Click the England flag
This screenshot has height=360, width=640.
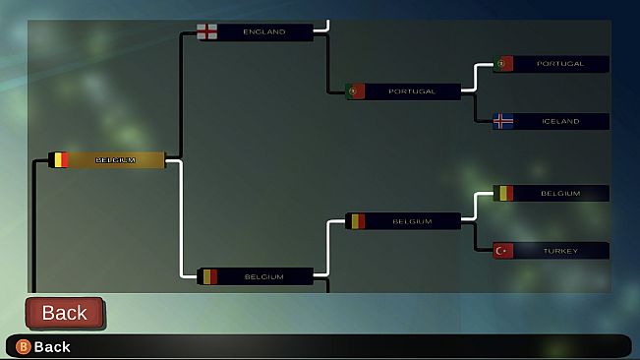[207, 31]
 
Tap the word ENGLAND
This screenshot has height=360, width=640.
[263, 31]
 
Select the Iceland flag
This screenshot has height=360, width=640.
[503, 121]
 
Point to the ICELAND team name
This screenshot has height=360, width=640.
[560, 121]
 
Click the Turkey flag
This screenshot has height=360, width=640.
[503, 251]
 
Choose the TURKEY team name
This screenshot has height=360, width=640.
[560, 251]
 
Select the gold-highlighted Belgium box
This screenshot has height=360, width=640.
[107, 159]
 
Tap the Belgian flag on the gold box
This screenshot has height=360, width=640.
[59, 159]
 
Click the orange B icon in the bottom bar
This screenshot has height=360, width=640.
[24, 346]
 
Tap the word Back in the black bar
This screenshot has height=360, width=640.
[52, 346]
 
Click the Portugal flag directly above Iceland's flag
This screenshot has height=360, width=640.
[503, 64]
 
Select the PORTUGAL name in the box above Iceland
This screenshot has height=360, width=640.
[560, 64]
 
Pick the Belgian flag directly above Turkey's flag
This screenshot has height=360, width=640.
[503, 193]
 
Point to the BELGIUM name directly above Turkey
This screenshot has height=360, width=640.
[560, 194]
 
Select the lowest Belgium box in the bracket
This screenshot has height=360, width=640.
[256, 276]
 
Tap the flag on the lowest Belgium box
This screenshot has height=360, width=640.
[207, 276]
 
